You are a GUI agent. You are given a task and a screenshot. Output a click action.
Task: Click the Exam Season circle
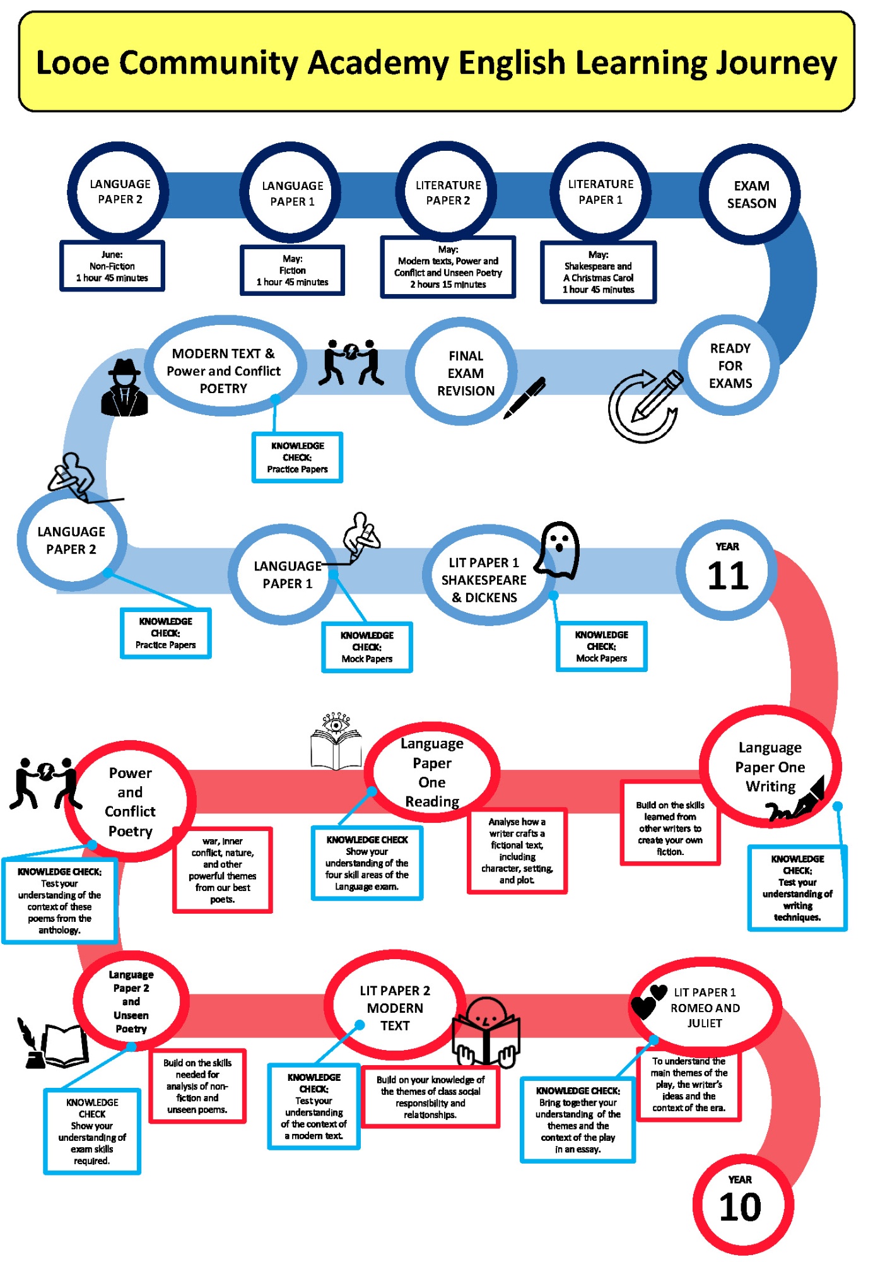click(x=750, y=194)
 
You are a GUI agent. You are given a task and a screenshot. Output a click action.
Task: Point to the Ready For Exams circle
click(x=729, y=366)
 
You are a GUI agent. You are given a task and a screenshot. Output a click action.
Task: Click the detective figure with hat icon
click(x=125, y=388)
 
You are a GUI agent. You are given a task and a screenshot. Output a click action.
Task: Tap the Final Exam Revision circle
click(x=465, y=373)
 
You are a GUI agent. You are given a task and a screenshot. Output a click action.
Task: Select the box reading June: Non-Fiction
click(x=112, y=266)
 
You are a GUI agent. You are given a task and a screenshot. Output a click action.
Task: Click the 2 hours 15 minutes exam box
click(x=448, y=267)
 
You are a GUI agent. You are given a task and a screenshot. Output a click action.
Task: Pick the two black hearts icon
click(x=648, y=1001)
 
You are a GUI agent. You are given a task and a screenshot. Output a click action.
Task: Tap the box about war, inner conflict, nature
click(x=223, y=870)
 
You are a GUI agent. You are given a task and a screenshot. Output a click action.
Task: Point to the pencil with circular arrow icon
click(x=645, y=405)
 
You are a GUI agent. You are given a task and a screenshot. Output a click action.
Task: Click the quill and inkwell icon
click(x=32, y=1044)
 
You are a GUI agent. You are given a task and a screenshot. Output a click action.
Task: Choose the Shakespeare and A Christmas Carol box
click(x=598, y=272)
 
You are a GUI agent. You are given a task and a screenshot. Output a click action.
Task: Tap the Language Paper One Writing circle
click(x=770, y=767)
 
